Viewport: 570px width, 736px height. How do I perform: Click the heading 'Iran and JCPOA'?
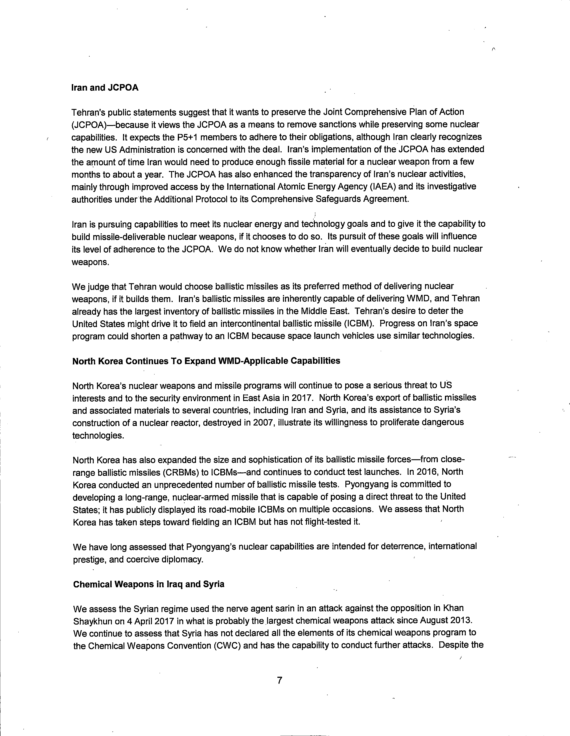coord(105,88)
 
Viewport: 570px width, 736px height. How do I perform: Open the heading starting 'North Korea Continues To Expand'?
coord(206,361)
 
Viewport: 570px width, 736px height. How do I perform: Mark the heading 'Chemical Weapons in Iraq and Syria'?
coord(149,584)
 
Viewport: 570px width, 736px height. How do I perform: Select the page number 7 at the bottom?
coord(279,681)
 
